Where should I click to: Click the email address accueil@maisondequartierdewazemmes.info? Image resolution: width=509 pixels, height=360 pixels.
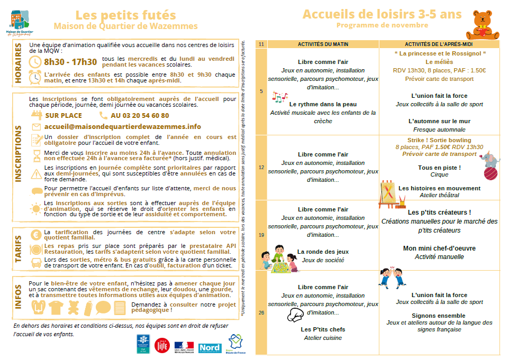point(123,127)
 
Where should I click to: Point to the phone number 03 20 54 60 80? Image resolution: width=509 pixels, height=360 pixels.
point(140,115)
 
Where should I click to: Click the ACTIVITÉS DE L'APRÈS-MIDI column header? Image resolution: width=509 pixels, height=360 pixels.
point(439,44)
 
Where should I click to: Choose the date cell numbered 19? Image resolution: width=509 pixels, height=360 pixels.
point(261,235)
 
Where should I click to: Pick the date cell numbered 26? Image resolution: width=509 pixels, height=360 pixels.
point(261,312)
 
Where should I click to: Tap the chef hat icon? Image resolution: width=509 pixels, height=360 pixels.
point(296,315)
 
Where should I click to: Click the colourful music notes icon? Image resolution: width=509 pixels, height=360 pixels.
point(279,97)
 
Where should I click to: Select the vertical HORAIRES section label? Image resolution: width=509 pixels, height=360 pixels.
point(19,63)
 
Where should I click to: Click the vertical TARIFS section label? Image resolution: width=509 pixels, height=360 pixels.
point(19,248)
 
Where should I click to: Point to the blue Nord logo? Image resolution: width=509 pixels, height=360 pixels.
point(210,347)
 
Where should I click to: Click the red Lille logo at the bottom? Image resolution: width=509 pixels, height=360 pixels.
point(161,345)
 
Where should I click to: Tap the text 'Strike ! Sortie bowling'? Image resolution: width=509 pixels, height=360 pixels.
point(439,140)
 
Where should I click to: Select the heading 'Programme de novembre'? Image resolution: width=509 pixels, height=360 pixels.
point(382,25)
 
